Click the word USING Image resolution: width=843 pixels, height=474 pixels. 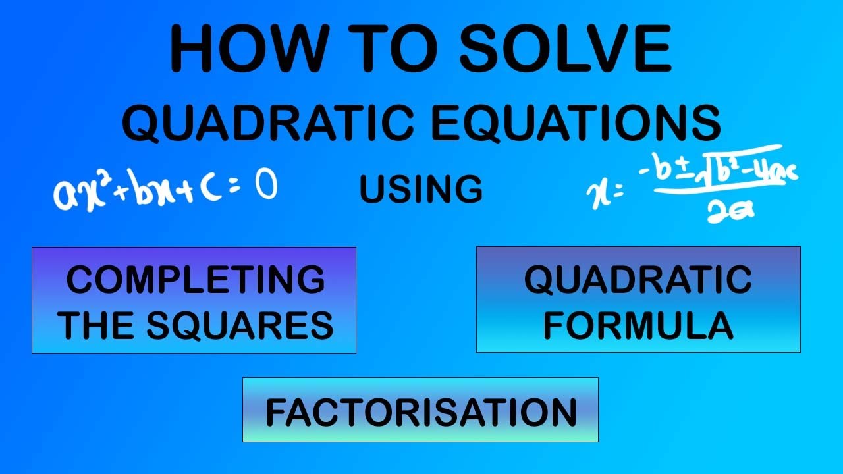[x=421, y=190]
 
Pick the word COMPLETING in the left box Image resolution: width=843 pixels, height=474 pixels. [x=195, y=280]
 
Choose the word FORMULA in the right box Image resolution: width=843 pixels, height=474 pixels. [x=638, y=325]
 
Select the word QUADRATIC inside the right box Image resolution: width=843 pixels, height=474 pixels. [x=638, y=280]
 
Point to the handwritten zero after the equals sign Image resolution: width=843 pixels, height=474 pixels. [x=265, y=186]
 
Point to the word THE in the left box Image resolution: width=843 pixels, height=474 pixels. [x=99, y=325]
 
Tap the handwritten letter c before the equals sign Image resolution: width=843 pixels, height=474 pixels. [x=209, y=189]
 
